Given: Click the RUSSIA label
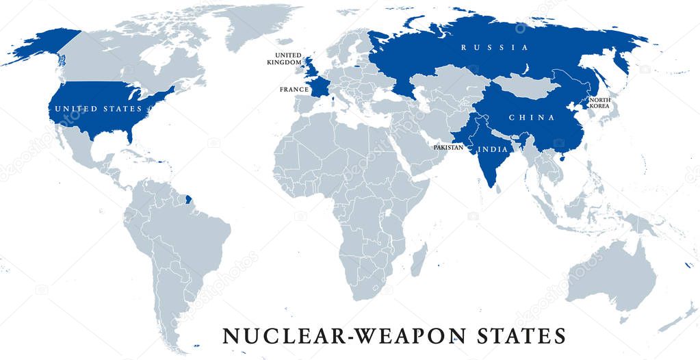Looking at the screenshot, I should point(495,48).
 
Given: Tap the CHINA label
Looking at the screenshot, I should point(532,118).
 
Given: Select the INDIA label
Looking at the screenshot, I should point(493,149).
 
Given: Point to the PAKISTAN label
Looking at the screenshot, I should point(448,148).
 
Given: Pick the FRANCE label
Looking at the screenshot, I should point(294,90).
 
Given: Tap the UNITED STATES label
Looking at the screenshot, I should point(99,109).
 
